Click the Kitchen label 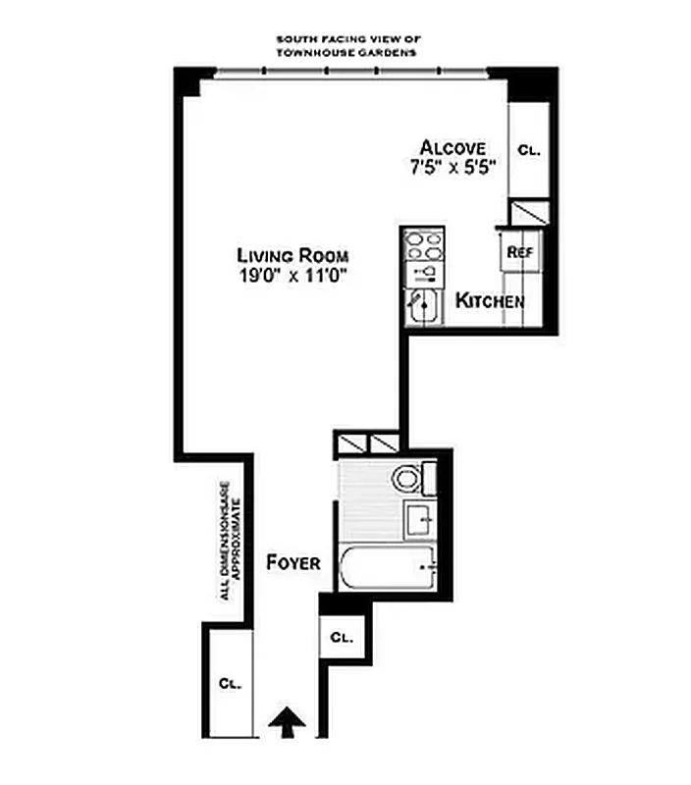[x=490, y=301]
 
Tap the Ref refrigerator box [x=519, y=250]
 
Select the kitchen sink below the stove [x=424, y=306]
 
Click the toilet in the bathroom [x=408, y=479]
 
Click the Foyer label [x=293, y=563]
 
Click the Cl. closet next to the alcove [x=529, y=151]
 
